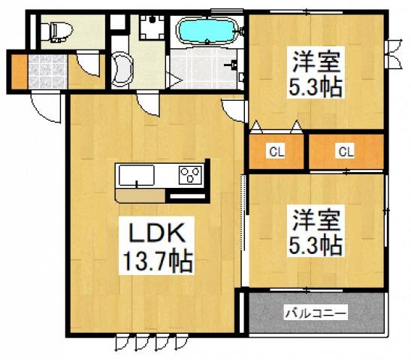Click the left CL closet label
(277, 152)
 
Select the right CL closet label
(345, 152)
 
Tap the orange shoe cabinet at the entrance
(18, 70)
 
